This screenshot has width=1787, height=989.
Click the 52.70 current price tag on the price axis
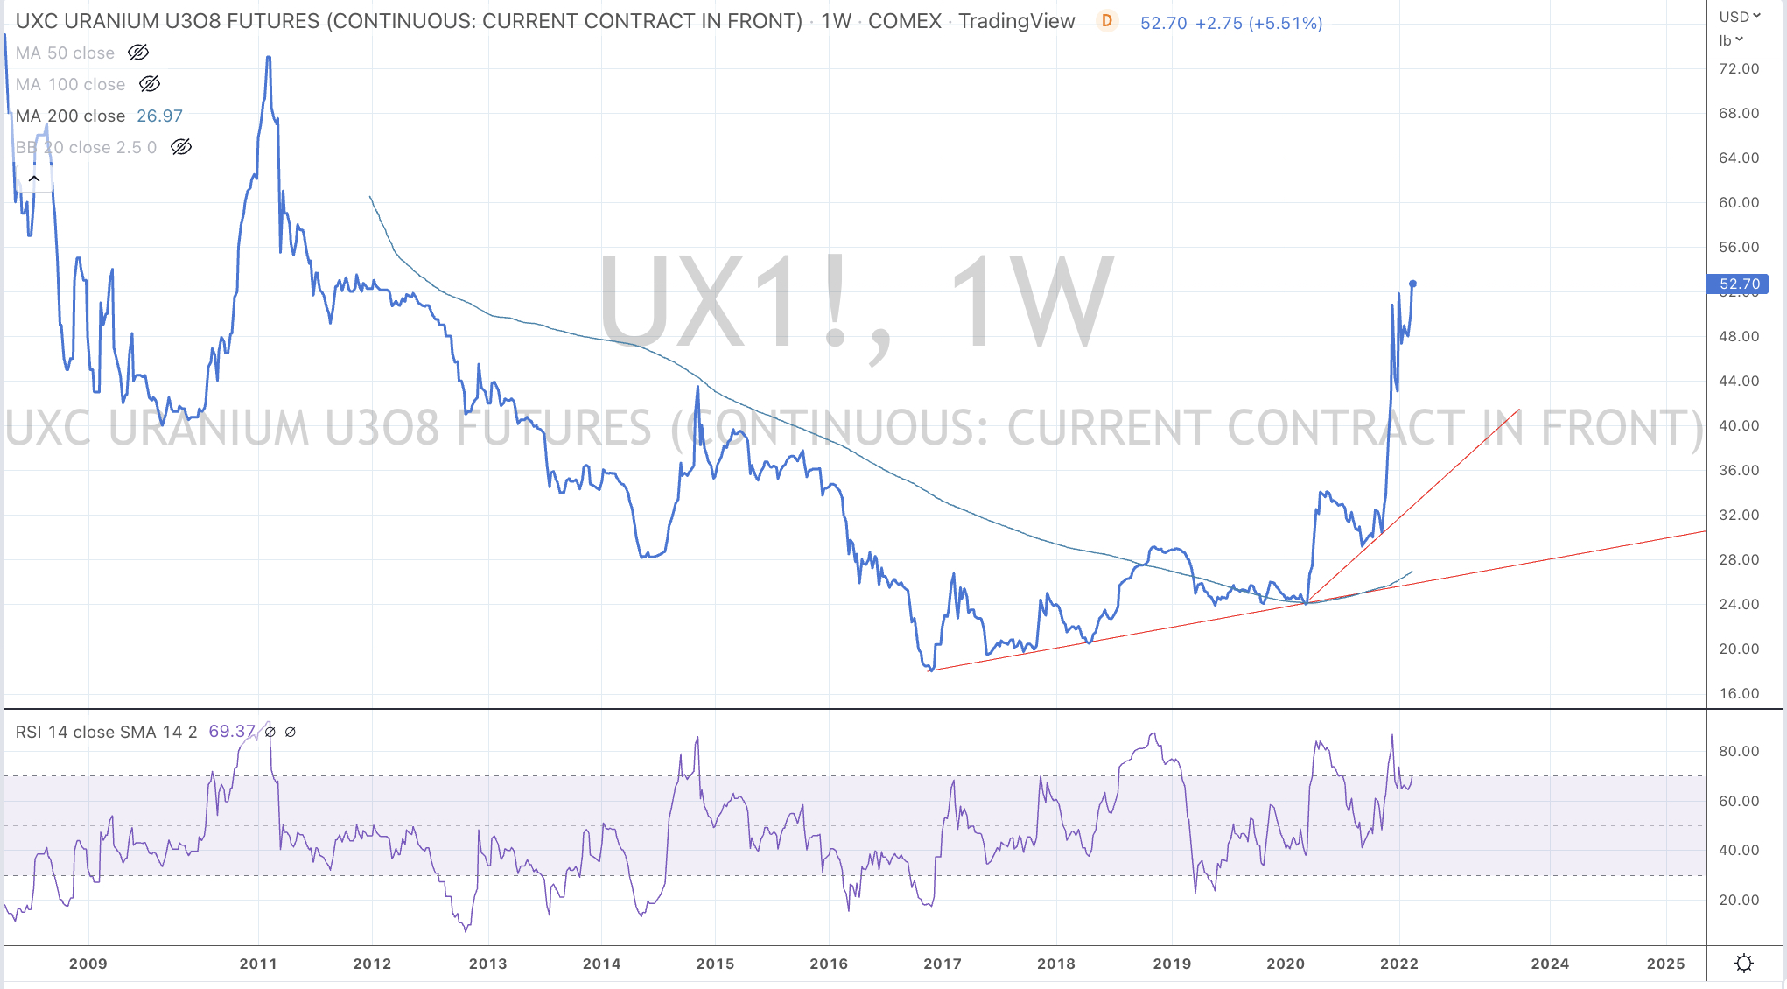1738,284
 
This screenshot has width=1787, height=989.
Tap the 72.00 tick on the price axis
1738,68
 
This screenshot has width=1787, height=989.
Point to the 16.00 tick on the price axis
1738,693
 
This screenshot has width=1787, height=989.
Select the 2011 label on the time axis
258,964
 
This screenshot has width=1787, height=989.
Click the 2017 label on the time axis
943,964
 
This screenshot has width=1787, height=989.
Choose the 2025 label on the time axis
1665,964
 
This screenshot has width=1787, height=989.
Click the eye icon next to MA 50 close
138,53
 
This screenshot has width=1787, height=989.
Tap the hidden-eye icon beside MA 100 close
150,84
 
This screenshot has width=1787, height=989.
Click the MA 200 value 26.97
159,116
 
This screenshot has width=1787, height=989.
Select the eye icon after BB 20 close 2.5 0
181,147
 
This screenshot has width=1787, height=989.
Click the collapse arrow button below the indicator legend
34,179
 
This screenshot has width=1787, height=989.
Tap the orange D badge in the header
1107,21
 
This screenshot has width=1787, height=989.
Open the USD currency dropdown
1737,17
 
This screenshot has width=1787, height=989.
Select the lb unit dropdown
1731,40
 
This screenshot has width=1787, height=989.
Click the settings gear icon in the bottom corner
1744,963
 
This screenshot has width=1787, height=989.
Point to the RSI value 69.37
232,731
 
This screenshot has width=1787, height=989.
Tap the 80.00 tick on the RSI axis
1738,751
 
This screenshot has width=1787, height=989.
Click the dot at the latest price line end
1412,284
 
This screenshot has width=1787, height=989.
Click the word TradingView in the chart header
1016,21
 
